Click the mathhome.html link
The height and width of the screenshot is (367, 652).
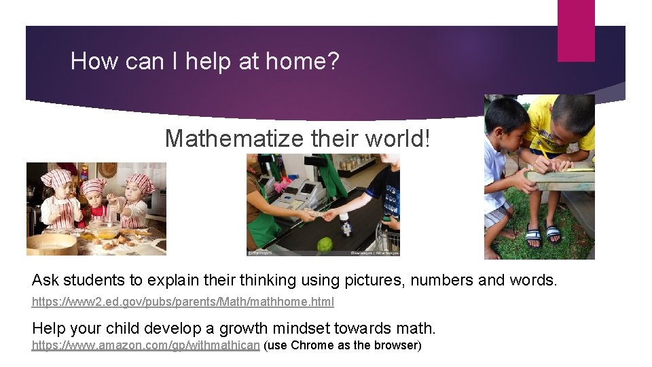(x=183, y=300)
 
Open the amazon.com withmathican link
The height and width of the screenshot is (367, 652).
(x=146, y=345)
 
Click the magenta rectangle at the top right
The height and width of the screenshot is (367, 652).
(x=576, y=31)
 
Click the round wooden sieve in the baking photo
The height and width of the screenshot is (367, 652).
(x=51, y=244)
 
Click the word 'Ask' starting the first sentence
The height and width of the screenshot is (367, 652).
(x=46, y=280)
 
